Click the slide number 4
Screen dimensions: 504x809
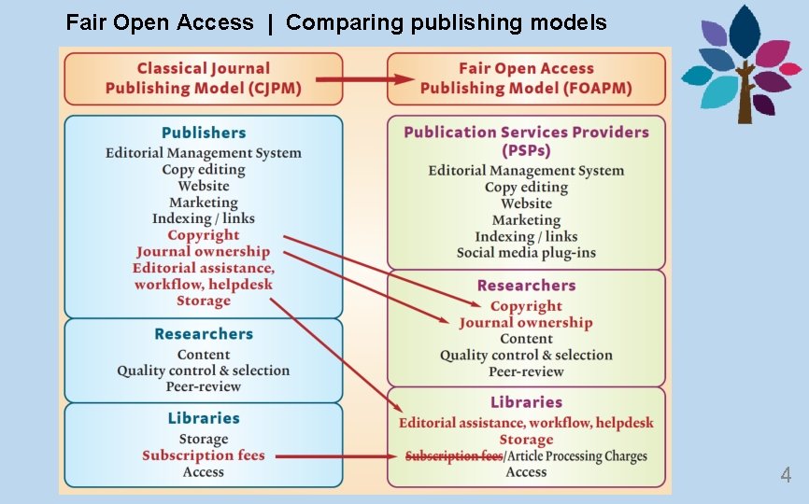point(786,476)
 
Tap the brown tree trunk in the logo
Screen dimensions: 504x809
point(745,103)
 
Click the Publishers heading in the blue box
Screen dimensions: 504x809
point(204,133)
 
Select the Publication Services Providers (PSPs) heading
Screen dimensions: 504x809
point(526,141)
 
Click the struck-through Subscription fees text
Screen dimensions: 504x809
point(453,456)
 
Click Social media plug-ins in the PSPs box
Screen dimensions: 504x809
point(526,253)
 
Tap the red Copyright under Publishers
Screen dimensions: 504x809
point(204,235)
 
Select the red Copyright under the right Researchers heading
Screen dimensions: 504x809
point(526,306)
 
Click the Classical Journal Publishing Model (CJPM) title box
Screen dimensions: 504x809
point(203,78)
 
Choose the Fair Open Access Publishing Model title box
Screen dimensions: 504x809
point(526,78)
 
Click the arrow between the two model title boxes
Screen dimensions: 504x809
point(365,79)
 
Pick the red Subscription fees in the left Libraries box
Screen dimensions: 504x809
point(204,455)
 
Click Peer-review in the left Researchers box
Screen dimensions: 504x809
point(204,386)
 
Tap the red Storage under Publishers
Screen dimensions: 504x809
point(204,301)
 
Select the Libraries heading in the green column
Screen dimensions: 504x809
point(526,402)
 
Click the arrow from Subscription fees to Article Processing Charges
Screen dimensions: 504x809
point(336,456)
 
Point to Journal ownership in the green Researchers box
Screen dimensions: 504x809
point(526,323)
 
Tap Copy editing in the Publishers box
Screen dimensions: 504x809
point(204,170)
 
